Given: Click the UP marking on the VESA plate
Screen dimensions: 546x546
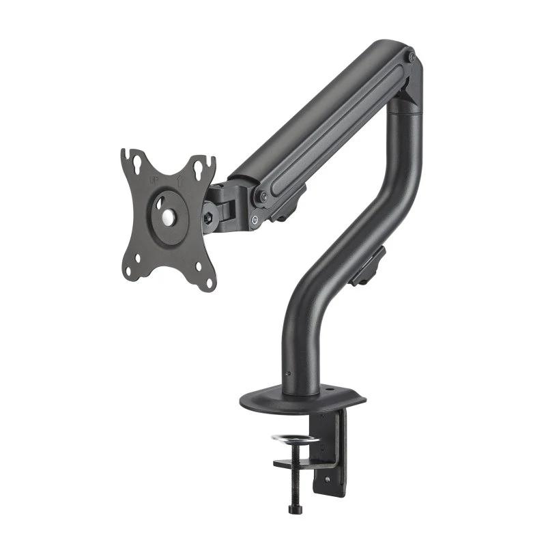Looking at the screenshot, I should pyautogui.click(x=154, y=179).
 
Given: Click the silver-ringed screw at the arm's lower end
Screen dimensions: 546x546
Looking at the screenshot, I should pyautogui.click(x=255, y=219).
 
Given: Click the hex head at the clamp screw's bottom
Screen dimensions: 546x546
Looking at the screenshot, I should pyautogui.click(x=295, y=508).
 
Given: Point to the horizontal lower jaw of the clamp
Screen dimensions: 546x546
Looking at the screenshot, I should pyautogui.click(x=304, y=465).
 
